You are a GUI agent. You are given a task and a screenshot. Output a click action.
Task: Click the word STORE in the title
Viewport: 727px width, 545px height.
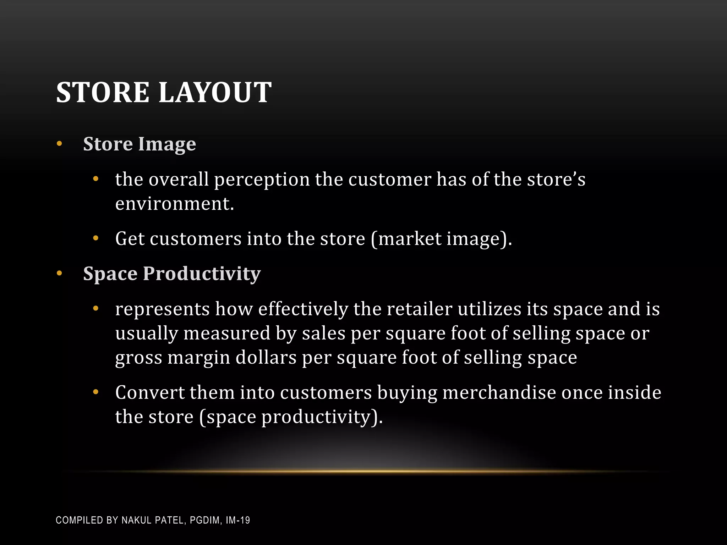(x=103, y=93)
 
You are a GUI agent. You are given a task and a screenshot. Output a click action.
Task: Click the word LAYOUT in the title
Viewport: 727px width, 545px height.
(x=215, y=93)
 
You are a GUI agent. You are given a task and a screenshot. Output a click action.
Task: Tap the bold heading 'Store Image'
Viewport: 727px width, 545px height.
(x=140, y=144)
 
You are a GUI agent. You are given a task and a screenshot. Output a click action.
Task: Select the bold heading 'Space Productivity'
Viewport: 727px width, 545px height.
(x=172, y=274)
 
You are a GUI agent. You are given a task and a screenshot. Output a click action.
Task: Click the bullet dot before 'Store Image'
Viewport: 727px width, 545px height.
(x=59, y=144)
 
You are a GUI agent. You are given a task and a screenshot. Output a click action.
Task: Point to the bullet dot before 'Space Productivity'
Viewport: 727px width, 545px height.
(x=59, y=274)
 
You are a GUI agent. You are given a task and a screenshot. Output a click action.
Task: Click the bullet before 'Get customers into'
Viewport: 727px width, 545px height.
(x=95, y=238)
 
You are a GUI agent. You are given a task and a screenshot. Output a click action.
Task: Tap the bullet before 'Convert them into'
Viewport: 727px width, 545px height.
(x=95, y=392)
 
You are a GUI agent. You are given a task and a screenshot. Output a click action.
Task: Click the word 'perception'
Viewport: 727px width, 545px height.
(x=262, y=180)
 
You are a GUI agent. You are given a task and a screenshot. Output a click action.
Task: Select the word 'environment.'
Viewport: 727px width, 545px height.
(x=175, y=204)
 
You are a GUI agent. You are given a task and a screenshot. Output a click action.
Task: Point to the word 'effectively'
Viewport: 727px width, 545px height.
(x=303, y=309)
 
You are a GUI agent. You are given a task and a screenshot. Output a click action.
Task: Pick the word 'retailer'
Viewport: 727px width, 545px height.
(x=419, y=309)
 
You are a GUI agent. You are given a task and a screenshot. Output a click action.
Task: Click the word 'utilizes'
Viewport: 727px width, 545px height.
(x=490, y=309)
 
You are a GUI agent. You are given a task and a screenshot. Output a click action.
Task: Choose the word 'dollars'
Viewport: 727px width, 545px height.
(x=266, y=357)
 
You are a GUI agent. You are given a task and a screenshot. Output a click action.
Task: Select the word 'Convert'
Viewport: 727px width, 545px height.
(x=150, y=392)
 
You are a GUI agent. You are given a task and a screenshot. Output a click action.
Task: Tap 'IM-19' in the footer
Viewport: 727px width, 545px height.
(x=238, y=521)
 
